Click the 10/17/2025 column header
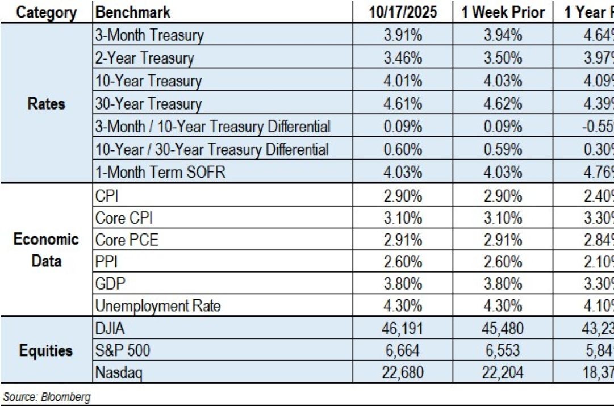click(402, 12)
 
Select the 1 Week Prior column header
click(503, 12)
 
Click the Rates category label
click(47, 104)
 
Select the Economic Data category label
click(47, 250)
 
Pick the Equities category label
click(47, 350)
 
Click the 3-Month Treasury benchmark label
click(149, 35)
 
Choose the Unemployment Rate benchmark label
click(158, 307)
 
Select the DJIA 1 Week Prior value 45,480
click(503, 329)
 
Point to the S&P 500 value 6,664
click(402, 351)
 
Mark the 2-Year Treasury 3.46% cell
click(402, 58)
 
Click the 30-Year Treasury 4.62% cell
click(503, 104)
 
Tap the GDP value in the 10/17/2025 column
click(402, 284)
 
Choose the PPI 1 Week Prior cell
click(503, 262)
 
